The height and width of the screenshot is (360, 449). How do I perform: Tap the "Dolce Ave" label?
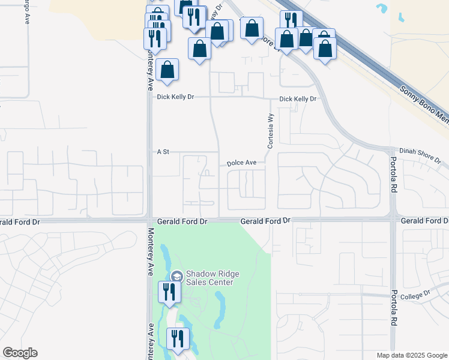pyautogui.click(x=241, y=163)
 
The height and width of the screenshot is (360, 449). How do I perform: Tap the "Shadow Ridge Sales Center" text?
pyautogui.click(x=212, y=278)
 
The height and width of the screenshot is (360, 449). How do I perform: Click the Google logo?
pyautogui.click(x=20, y=353)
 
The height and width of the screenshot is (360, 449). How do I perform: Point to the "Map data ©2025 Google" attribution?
pyautogui.click(x=411, y=355)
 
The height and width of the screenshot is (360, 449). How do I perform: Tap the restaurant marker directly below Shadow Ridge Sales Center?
pyautogui.click(x=167, y=292)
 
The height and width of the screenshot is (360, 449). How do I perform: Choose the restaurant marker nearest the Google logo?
pyautogui.click(x=177, y=338)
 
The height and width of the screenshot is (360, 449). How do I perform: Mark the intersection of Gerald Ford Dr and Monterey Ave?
pyautogui.click(x=149, y=220)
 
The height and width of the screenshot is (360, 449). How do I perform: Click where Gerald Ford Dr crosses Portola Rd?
pyautogui.click(x=393, y=220)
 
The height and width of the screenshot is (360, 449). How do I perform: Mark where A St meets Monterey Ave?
pyautogui.click(x=149, y=152)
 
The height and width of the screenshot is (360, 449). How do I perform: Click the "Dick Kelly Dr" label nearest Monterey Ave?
pyautogui.click(x=176, y=97)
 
